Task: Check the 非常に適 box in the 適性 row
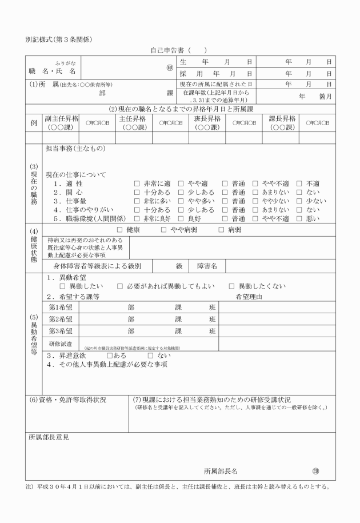pos(137,184)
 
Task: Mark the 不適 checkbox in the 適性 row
pos(300,184)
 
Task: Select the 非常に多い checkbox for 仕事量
pos(137,201)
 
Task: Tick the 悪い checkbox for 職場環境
pos(300,218)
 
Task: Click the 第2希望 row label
pos(61,319)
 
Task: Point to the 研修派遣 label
pos(60,344)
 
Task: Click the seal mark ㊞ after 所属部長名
pos(315,472)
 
